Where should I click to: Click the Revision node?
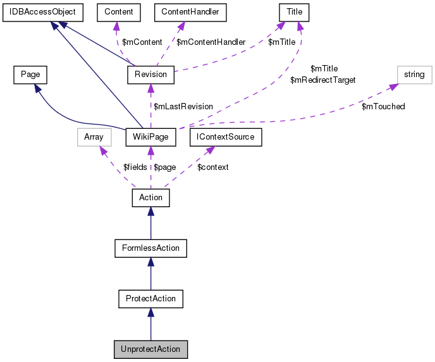point(150,75)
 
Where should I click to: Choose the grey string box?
point(414,75)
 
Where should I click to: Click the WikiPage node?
point(150,136)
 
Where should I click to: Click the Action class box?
point(150,198)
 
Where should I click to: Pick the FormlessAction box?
point(150,248)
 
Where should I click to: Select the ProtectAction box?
point(150,298)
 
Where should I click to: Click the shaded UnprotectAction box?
point(150,349)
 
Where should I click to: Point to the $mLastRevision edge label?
point(183,106)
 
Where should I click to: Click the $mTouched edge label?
point(383,106)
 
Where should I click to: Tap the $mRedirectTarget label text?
point(322,80)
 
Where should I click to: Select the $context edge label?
point(213,167)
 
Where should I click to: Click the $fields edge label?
point(135,167)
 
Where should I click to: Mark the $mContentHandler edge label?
point(211,42)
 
